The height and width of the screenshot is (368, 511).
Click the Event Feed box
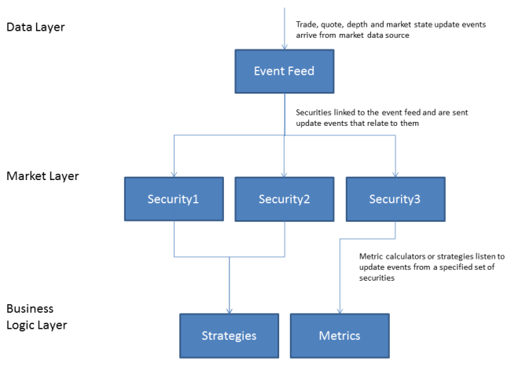pos(284,72)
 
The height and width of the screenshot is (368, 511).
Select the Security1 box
pos(174,199)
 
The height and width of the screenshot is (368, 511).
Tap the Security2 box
pos(284,199)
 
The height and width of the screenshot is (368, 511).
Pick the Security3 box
pos(395,199)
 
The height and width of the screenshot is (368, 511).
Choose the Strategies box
pos(229,336)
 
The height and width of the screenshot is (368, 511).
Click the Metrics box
pos(340,336)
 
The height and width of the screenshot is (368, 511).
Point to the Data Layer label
pos(35,27)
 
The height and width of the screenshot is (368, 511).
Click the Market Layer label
pos(42,176)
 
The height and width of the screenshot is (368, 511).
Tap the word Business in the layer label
pos(30,308)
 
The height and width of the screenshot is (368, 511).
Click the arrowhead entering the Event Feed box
pos(285,47)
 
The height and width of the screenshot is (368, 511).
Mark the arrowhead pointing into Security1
pos(174,175)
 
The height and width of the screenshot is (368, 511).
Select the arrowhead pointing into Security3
pos(395,175)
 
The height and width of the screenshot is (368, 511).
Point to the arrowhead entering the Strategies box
pos(230,311)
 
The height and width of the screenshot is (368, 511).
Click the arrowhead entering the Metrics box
pos(340,311)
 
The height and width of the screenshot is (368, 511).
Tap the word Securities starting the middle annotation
pos(314,112)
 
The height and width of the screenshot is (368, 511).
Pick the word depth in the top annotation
pos(357,25)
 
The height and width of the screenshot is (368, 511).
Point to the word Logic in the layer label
pos(19,325)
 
